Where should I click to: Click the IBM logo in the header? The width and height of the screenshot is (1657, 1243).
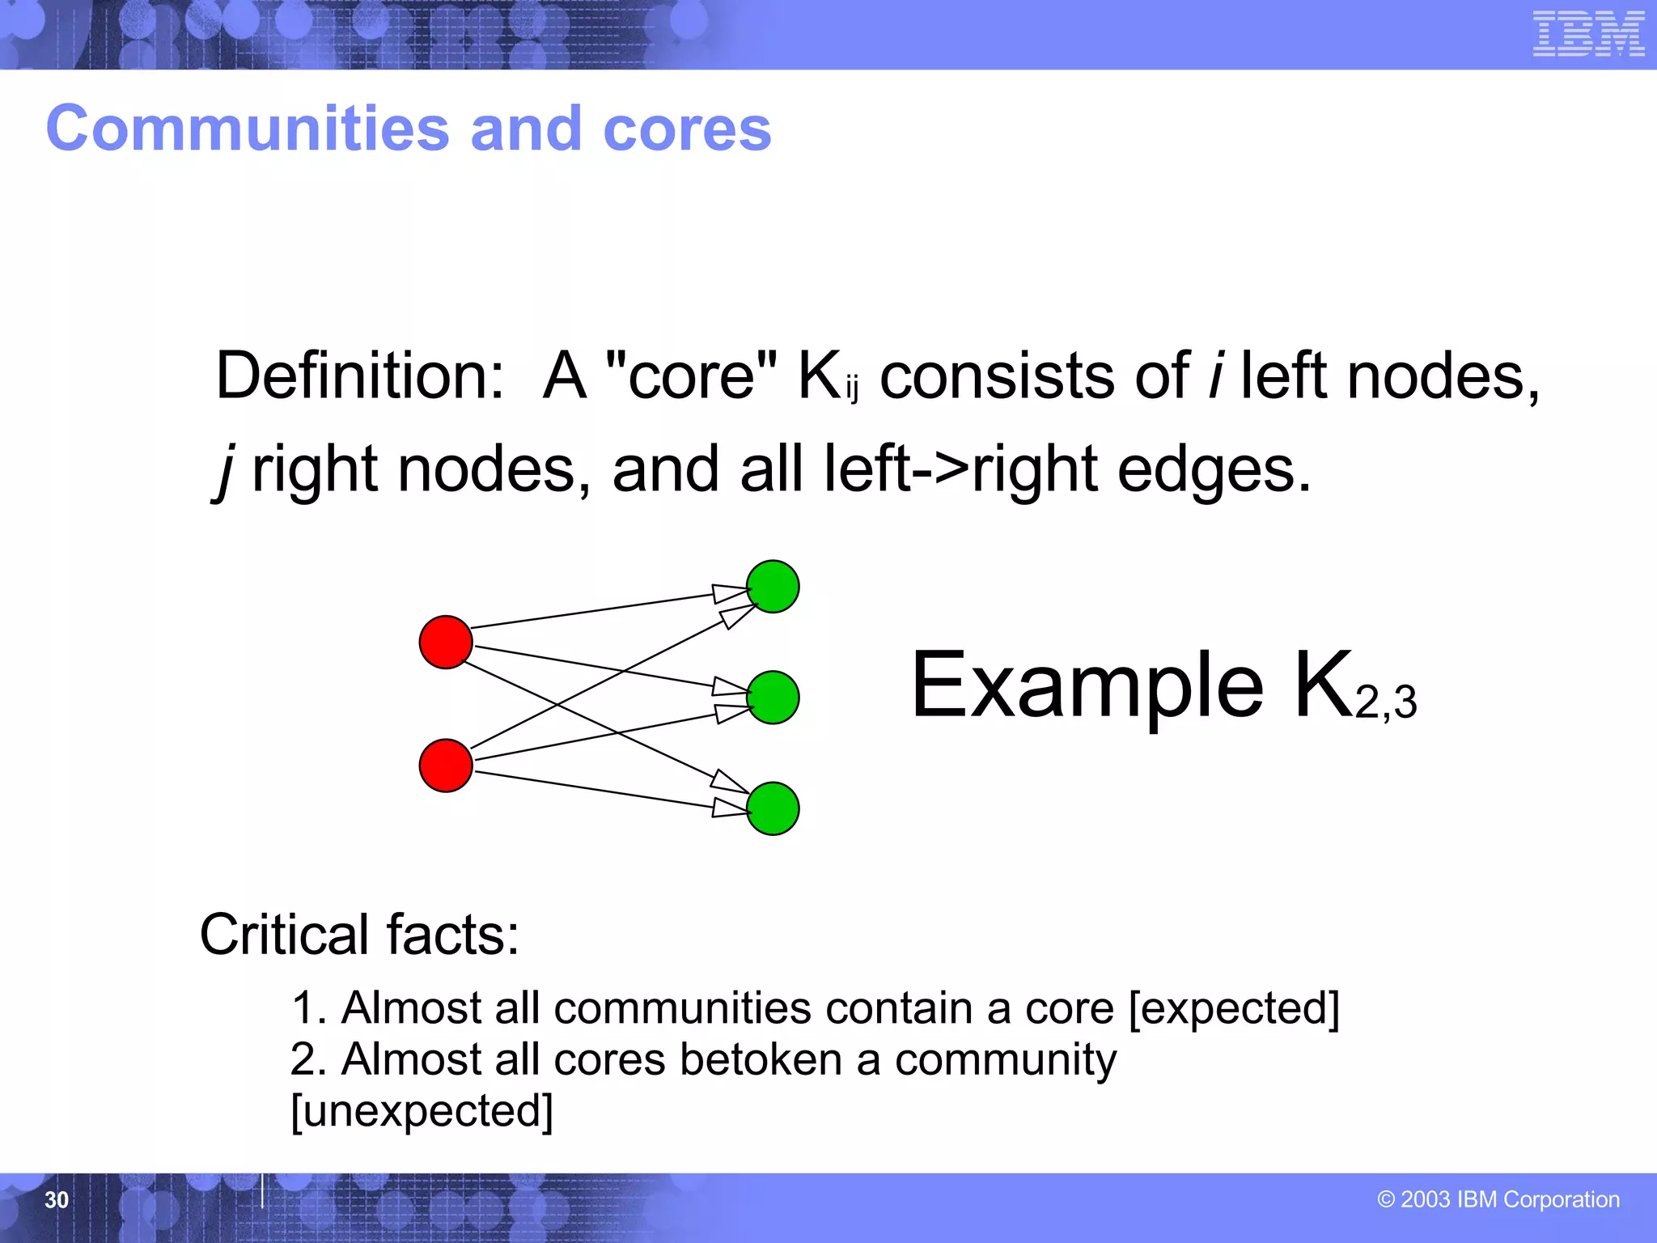[1588, 34]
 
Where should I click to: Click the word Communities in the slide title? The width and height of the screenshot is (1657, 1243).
[247, 129]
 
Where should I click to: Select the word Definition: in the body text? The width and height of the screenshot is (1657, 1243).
[360, 376]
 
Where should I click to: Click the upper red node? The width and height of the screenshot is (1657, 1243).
[446, 642]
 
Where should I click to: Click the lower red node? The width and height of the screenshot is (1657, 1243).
[446, 765]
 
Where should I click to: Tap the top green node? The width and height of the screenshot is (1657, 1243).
[773, 586]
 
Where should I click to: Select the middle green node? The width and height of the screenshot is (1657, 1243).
[773, 697]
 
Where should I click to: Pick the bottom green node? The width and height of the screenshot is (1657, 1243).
[773, 808]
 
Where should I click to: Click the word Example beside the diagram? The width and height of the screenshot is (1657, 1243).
[1087, 686]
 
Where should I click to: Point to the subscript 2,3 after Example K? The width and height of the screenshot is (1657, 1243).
[1386, 702]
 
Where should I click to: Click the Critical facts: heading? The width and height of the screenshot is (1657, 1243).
[359, 935]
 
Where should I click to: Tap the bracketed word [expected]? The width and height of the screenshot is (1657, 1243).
[1234, 1008]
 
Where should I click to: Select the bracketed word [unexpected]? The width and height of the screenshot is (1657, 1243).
[422, 1111]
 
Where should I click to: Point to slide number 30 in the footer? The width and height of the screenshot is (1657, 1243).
[57, 1199]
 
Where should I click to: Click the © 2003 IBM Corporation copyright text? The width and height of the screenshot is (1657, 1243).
[1498, 1199]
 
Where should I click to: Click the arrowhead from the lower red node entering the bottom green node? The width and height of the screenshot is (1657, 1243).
[730, 808]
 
